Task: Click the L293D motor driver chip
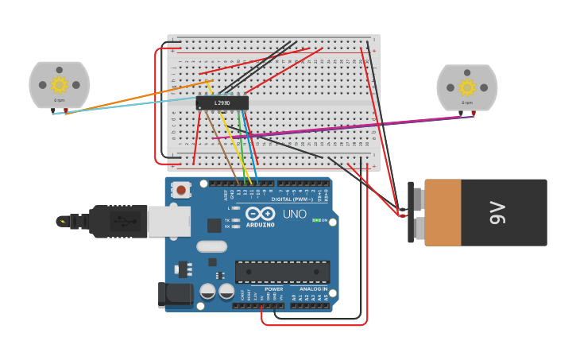(222, 103)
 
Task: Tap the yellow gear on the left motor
(60, 84)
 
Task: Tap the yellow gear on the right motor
(467, 87)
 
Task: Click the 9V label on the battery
(497, 213)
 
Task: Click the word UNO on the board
(294, 214)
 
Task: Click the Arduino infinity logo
(260, 214)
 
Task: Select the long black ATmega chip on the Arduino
(282, 272)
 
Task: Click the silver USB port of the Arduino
(168, 222)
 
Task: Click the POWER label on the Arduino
(273, 289)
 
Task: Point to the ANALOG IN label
(314, 289)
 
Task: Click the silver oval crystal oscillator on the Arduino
(211, 246)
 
